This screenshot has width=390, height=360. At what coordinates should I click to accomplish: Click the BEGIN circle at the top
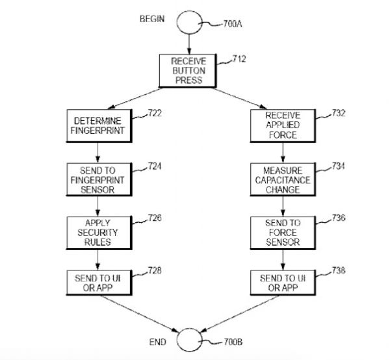pos(188,21)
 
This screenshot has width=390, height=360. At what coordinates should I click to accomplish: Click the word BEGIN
pos(153,19)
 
